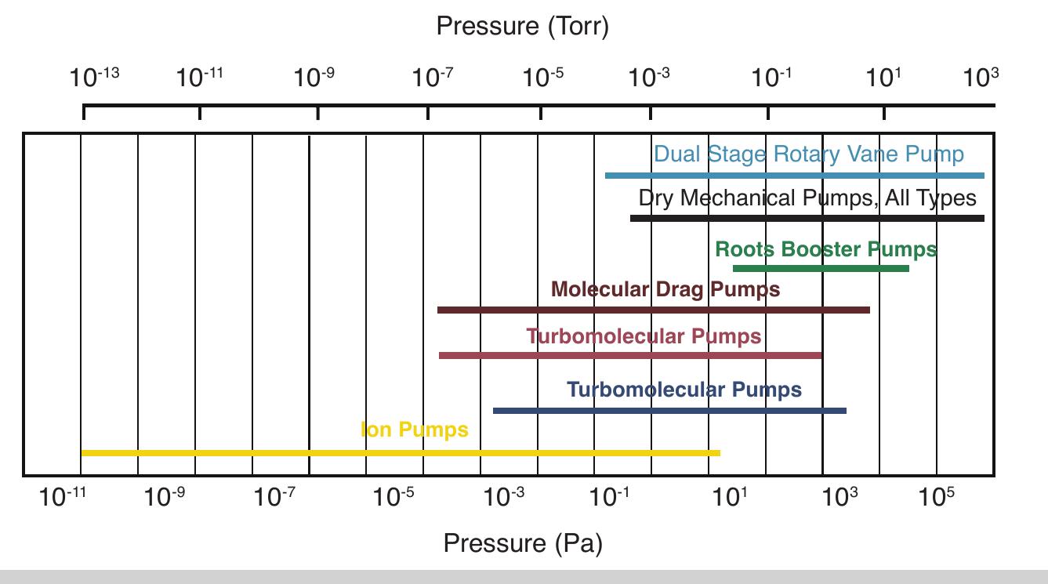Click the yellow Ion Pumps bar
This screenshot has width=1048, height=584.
pos(400,453)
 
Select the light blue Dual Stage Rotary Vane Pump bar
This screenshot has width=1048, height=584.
pos(794,176)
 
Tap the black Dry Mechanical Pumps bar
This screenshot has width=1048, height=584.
pos(807,218)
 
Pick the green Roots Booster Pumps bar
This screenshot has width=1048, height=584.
pos(821,269)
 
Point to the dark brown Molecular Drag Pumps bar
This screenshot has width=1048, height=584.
pos(653,310)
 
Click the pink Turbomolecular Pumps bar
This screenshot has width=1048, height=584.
pos(630,356)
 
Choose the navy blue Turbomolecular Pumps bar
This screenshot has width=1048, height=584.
pos(669,411)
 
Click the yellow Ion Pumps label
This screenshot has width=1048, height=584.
pos(415,430)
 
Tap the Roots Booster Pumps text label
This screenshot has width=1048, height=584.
pos(825,250)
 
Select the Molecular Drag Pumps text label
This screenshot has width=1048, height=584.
pos(665,290)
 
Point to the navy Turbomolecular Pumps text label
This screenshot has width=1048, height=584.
pos(684,390)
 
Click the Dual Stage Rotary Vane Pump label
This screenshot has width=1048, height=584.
pos(809,154)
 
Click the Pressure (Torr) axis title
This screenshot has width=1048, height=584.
pos(522,26)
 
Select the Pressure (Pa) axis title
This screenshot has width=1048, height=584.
pos(523,543)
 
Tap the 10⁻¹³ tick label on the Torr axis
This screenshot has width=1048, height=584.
pos(94,77)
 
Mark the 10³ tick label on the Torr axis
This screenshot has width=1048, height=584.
pos(981,77)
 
